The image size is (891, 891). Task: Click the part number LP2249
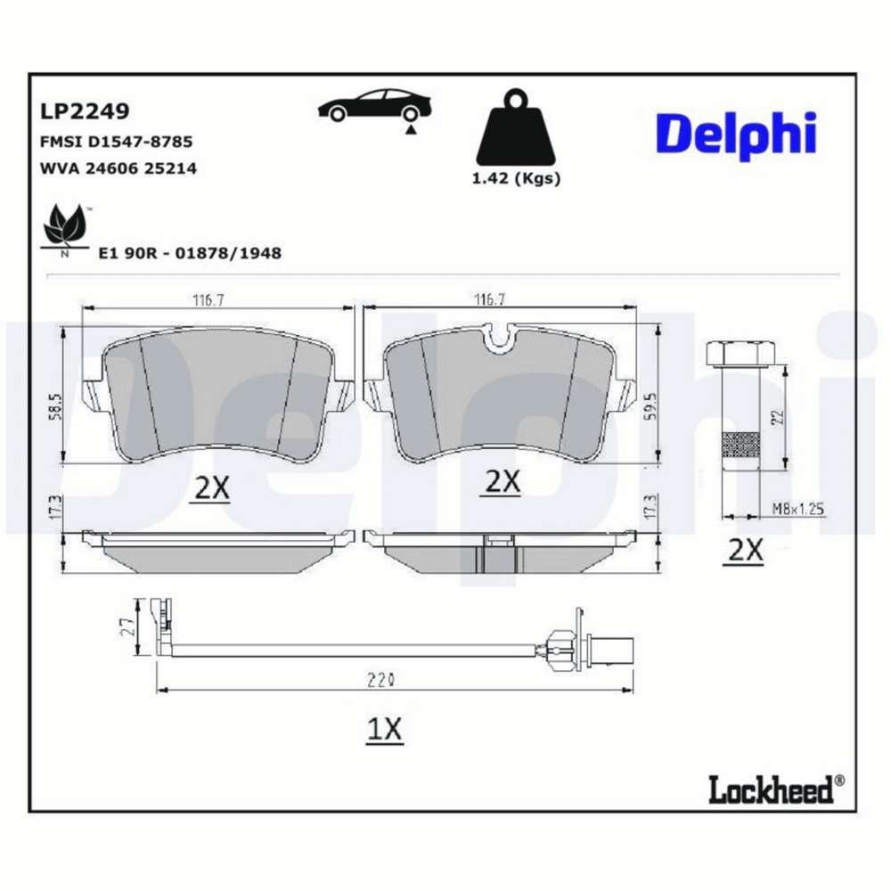tap(85, 110)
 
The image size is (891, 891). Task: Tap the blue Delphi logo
tap(737, 135)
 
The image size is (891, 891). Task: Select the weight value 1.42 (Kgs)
tap(516, 178)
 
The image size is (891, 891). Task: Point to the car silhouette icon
tap(374, 108)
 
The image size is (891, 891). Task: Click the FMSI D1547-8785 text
tap(117, 142)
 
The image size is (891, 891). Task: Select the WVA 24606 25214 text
tap(119, 168)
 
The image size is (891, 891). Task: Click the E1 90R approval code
tap(190, 253)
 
